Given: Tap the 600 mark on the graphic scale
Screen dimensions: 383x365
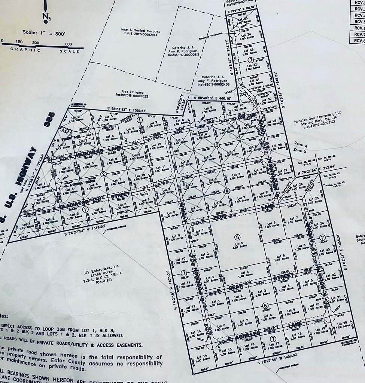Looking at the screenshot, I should click(x=68, y=43).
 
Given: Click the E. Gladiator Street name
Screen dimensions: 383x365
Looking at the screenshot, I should click(x=91, y=200).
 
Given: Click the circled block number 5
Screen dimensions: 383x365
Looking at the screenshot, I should click(x=237, y=236).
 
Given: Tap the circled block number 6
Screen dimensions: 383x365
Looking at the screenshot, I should click(x=265, y=305).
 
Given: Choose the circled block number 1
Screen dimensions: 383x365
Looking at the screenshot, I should click(x=140, y=120).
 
